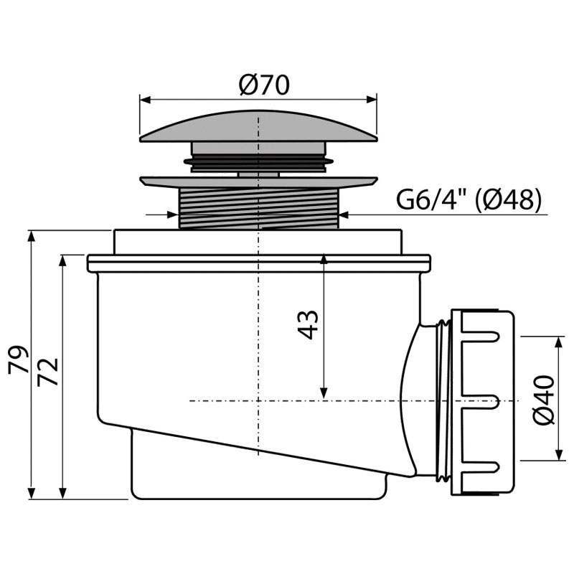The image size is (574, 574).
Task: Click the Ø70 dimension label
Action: [264, 85]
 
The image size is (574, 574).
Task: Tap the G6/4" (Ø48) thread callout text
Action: [469, 200]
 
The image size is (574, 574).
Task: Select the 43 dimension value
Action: [309, 325]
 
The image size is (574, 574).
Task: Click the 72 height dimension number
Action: [48, 372]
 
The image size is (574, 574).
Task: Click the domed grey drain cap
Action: [258, 126]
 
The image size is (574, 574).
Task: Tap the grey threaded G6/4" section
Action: [259, 208]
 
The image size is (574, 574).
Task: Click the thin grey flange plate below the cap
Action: [258, 182]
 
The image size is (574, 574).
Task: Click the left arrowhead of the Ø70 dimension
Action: [146, 100]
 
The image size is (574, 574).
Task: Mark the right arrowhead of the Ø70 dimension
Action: [371, 100]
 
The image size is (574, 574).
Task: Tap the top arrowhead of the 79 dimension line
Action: [32, 236]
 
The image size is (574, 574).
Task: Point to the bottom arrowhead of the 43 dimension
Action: [324, 393]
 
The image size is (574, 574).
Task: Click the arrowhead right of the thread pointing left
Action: [345, 214]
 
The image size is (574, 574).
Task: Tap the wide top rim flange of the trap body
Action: [259, 263]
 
